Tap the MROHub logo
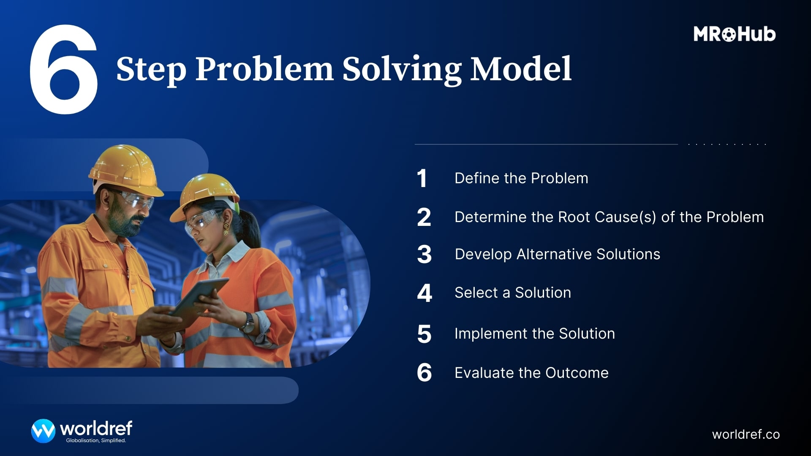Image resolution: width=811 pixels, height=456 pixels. tap(734, 34)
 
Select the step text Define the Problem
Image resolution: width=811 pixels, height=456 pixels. tap(521, 178)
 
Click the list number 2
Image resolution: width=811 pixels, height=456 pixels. tap(424, 217)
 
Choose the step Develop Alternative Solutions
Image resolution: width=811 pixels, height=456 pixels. tap(557, 254)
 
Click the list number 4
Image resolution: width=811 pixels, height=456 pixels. tap(424, 293)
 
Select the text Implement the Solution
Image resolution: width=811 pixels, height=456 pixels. tap(534, 334)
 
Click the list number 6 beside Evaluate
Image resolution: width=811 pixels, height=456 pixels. tap(424, 373)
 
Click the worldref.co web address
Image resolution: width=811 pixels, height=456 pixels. tap(746, 434)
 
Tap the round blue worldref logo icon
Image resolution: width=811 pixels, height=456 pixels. tap(43, 431)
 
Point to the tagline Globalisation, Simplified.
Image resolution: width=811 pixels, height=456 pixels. tap(96, 441)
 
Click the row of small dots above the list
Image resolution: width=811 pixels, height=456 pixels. tap(727, 144)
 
